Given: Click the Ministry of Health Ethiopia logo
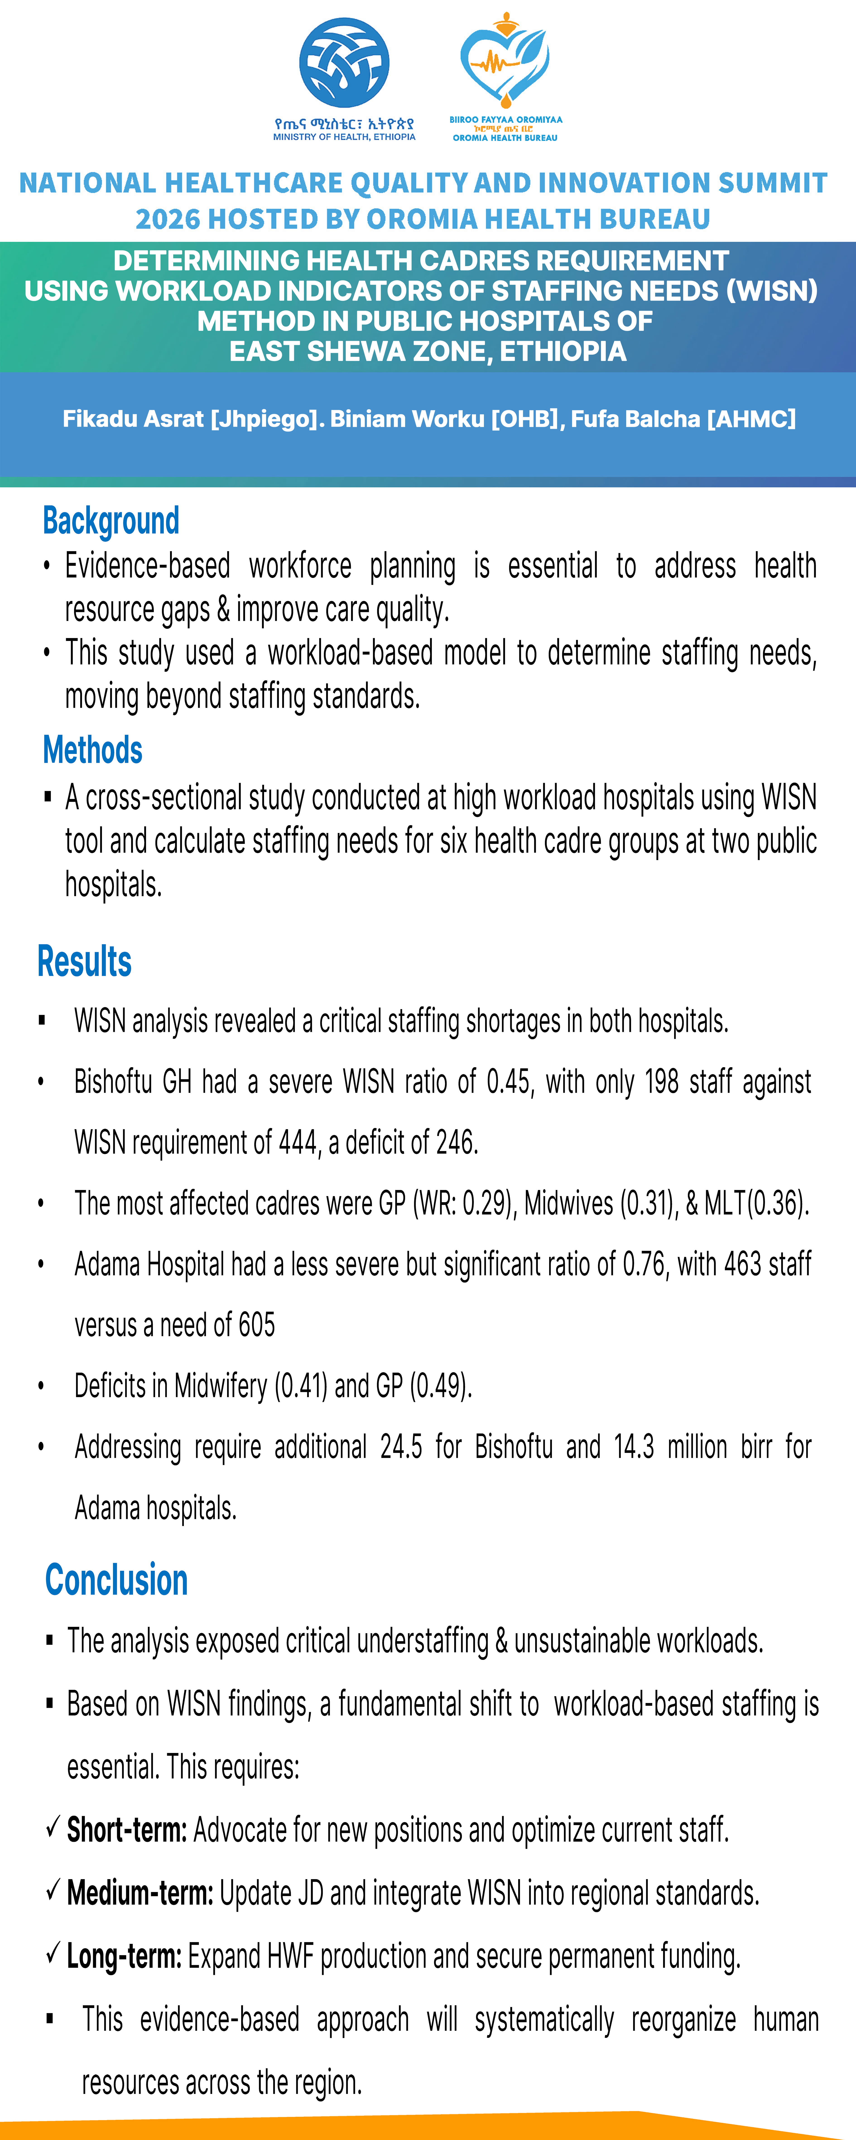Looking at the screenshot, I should tap(344, 63).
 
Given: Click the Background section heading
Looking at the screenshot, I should tap(111, 521).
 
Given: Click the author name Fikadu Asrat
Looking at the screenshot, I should tap(133, 419).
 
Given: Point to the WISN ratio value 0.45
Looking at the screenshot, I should tap(508, 1082).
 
